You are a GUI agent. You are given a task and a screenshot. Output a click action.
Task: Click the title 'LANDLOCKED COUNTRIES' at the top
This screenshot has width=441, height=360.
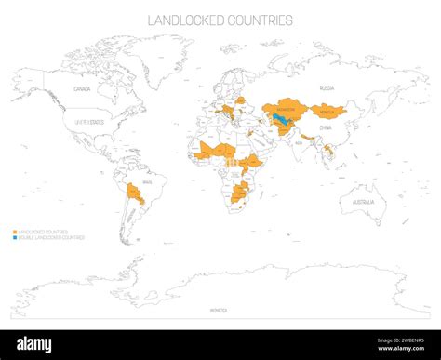tap(220, 20)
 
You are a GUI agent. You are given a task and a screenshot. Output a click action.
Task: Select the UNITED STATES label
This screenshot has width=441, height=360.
tap(89, 121)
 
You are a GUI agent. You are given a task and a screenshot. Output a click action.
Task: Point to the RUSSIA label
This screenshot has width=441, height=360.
tap(327, 87)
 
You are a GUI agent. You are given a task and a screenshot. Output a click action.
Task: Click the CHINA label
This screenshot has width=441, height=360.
tap(325, 127)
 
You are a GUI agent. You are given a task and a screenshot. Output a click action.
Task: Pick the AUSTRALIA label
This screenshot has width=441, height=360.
tap(363, 202)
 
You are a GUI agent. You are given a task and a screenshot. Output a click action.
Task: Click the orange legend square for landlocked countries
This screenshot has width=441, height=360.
tap(15, 232)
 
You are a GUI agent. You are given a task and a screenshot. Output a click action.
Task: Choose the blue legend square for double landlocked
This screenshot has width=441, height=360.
tap(15, 237)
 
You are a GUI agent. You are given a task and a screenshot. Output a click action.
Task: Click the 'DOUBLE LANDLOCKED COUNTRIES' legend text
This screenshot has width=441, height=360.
tap(52, 237)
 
